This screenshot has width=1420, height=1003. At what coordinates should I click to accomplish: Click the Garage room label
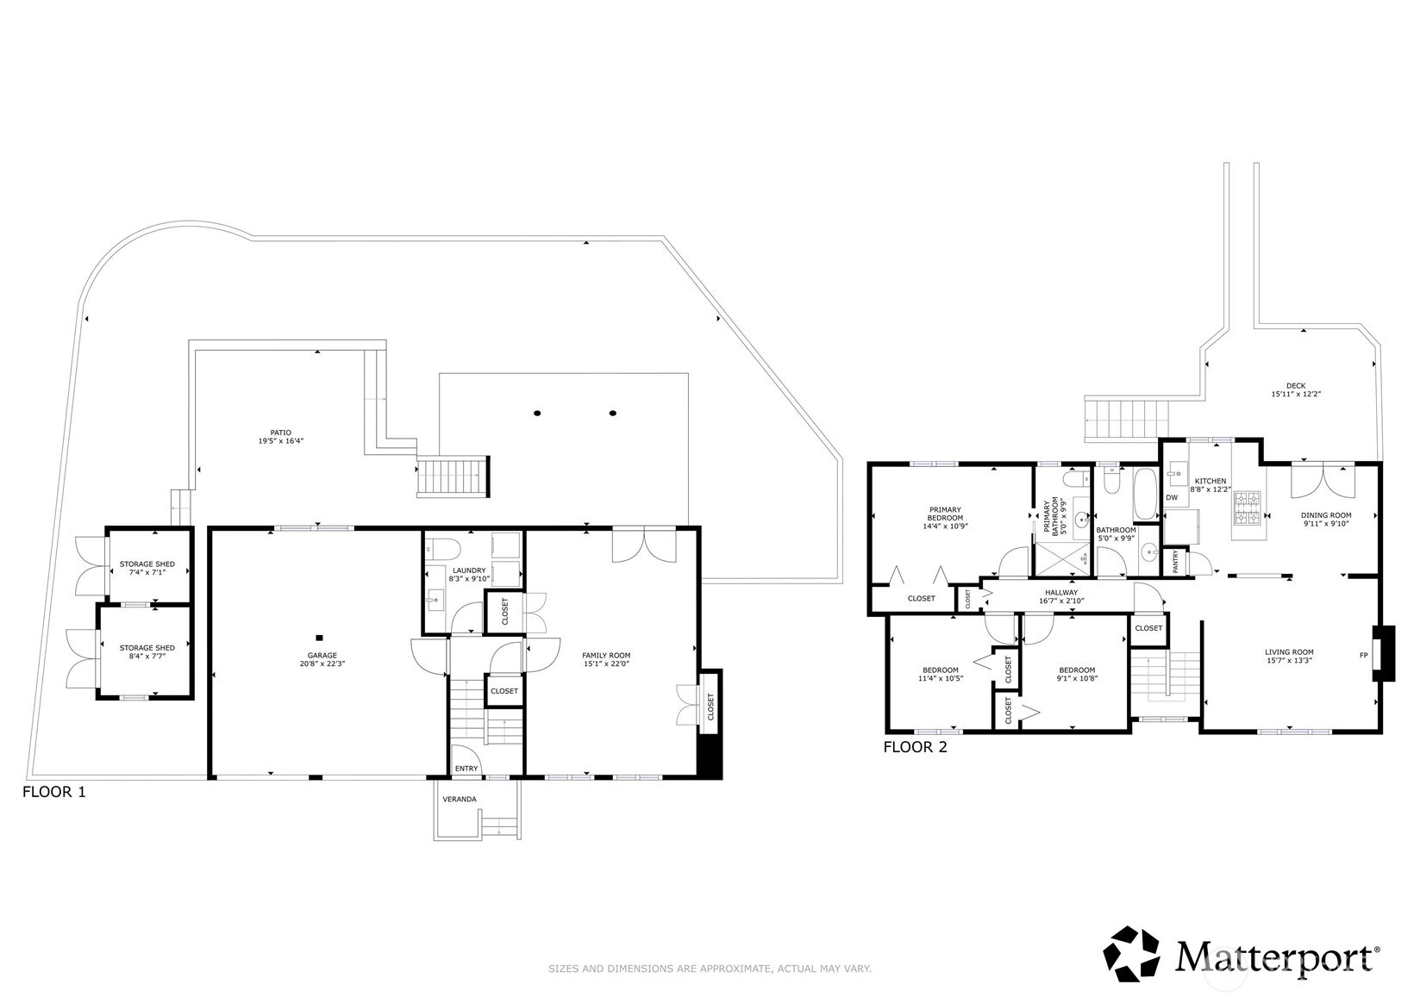coord(318,655)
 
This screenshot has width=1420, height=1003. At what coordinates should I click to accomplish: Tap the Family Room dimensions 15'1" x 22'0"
coord(606,664)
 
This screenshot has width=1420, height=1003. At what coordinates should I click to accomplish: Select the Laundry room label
coord(469,570)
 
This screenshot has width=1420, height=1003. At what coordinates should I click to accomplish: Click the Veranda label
coord(459,800)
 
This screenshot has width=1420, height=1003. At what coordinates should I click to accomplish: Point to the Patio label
coord(281,433)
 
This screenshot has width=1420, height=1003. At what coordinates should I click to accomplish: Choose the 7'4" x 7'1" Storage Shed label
coord(147,564)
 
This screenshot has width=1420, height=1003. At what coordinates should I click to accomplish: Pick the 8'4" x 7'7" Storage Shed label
coord(147,648)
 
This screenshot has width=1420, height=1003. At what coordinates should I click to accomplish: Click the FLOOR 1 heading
coord(53,792)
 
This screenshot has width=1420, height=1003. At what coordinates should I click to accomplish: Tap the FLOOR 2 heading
coord(915,748)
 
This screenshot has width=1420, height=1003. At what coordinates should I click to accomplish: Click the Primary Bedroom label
coord(945,514)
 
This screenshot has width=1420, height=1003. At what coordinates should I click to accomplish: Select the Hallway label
coord(1061,593)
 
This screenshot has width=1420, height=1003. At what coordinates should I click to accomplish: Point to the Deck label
coord(1296,386)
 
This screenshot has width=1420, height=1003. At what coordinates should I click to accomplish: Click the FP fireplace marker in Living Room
coord(1364,656)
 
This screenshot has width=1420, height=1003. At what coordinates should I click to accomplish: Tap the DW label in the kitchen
coord(1172,497)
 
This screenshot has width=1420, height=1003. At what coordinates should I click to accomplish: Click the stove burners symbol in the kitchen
coord(1247,508)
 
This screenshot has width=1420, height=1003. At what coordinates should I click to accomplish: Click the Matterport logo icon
coord(1134,955)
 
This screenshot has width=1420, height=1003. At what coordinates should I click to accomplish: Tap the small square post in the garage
coord(319,638)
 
